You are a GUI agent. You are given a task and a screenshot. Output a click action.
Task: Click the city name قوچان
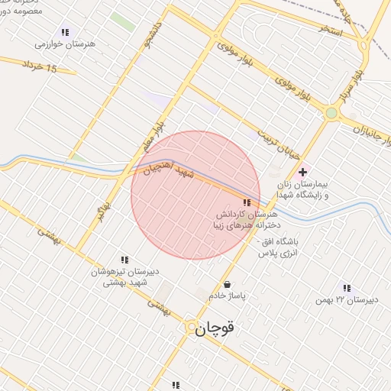coord(216,329)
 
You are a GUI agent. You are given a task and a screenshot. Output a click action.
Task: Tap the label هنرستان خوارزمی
coord(65,44)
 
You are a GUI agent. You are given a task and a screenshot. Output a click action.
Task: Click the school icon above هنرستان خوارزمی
coord(65,32)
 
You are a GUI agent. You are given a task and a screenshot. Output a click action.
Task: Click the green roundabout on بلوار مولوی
coord(331,113)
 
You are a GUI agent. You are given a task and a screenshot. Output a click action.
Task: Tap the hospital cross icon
coord(303,172)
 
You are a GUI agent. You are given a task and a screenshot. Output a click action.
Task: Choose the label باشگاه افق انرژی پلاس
coord(277,246)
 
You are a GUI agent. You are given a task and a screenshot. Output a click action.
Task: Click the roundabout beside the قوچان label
coord(190,327)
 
